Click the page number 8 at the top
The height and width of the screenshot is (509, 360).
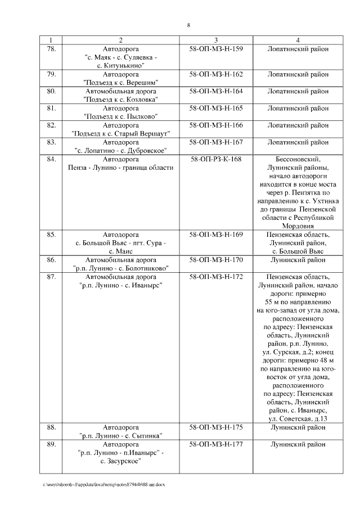[188, 25]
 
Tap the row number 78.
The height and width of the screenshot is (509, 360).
[51, 49]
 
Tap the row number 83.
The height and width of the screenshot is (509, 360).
[51, 142]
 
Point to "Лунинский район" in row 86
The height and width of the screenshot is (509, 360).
[298, 260]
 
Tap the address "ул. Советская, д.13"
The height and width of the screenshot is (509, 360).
[298, 418]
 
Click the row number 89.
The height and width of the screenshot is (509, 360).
[51, 444]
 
